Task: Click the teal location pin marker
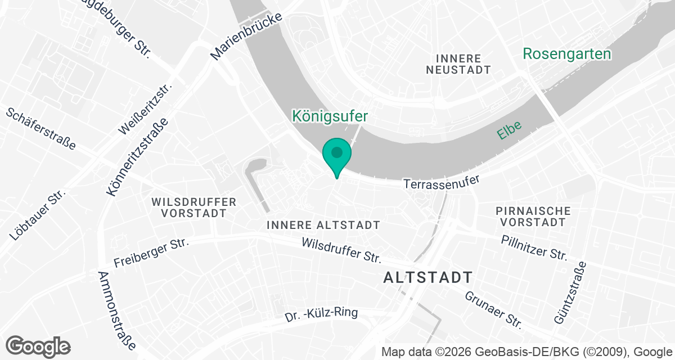point(337,155)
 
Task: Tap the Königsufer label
point(330,116)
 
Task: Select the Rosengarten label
point(567,54)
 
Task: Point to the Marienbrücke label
point(246,35)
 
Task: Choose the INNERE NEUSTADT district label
point(458,64)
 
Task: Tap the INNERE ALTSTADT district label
point(323,225)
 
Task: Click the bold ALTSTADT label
point(427,277)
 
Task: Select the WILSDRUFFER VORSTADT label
point(194,208)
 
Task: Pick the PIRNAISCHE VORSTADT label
point(533,217)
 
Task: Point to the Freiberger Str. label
point(151,253)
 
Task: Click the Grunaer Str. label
point(493,309)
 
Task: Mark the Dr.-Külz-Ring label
point(321,314)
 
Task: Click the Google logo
point(38,346)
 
